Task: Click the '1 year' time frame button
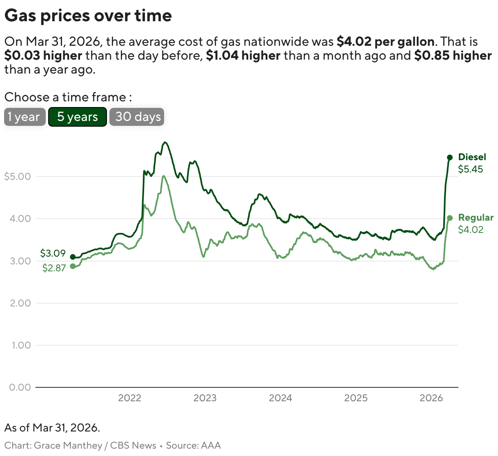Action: click(24, 117)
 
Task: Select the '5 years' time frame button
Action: click(78, 117)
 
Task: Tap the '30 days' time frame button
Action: click(137, 117)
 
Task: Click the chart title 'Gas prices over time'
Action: click(88, 16)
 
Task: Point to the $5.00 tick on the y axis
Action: click(17, 177)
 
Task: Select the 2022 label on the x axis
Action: click(129, 398)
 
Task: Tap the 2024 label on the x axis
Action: click(280, 398)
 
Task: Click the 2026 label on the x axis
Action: click(431, 398)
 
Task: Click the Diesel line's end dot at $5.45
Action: click(450, 157)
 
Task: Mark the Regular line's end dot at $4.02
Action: click(450, 218)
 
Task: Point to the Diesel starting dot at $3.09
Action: click(73, 257)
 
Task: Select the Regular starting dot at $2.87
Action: click(73, 266)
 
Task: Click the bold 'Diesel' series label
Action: click(472, 157)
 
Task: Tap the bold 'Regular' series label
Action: click(476, 217)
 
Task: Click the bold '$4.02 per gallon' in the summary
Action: click(385, 42)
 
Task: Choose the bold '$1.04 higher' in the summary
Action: click(243, 56)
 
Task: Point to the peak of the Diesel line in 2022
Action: click(165, 142)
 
